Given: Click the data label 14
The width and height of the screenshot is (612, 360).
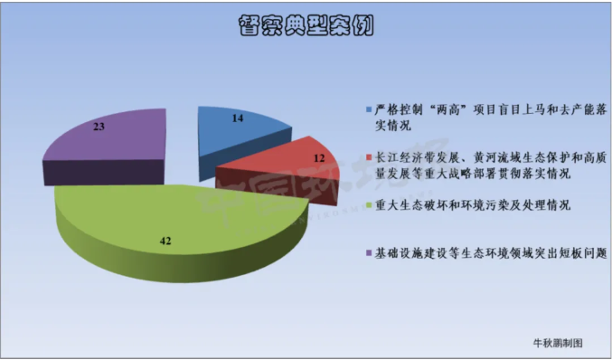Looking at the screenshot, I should (238, 118).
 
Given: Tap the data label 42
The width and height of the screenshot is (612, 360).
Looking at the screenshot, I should (165, 241).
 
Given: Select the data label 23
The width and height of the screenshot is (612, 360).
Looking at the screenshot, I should (99, 128).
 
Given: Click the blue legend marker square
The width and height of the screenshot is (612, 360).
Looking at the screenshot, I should (369, 109).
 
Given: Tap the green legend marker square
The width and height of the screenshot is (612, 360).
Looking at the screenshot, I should (369, 206).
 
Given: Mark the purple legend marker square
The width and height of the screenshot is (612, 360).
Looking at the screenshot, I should (369, 251).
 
